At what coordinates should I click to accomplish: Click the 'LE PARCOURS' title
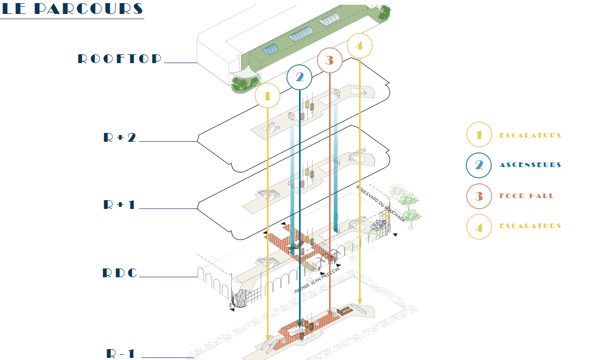(72, 9)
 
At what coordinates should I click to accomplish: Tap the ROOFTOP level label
(120, 59)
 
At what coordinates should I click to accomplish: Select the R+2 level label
(120, 137)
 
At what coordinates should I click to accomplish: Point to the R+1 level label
(119, 205)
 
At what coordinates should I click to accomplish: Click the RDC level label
(120, 273)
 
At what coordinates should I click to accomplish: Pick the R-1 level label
(120, 354)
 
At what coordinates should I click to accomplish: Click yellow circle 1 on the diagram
(267, 96)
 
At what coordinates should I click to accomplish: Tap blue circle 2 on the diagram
(300, 78)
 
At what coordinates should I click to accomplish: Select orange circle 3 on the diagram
(330, 61)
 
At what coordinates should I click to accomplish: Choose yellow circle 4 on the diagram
(360, 46)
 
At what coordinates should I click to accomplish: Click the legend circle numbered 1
(479, 134)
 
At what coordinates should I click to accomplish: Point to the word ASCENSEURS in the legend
(530, 164)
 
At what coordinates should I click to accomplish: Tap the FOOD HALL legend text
(527, 196)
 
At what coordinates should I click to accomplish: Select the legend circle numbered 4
(479, 227)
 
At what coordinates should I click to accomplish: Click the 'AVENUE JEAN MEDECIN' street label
(317, 280)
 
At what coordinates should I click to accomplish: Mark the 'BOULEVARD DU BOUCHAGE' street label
(381, 203)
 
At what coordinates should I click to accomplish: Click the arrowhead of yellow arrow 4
(360, 301)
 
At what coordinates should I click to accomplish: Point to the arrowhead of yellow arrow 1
(267, 337)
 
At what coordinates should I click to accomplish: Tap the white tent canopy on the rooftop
(245, 71)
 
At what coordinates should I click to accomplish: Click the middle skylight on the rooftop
(301, 34)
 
